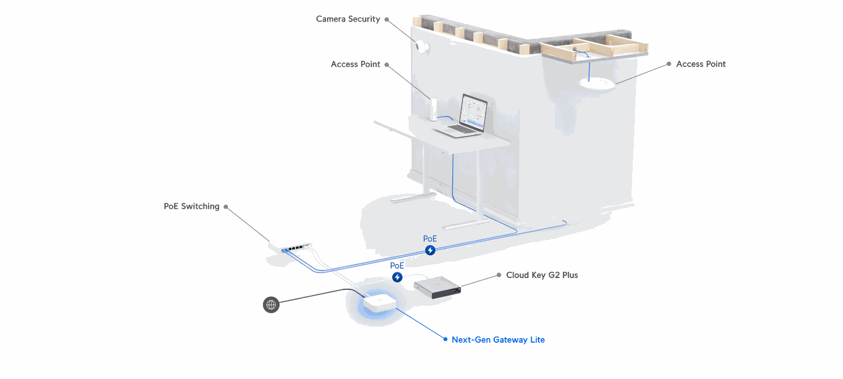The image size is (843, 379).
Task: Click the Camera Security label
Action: tap(348, 19)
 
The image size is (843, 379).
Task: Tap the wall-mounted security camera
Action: tap(422, 47)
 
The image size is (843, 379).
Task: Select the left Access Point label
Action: tap(355, 64)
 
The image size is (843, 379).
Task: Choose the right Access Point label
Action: tap(701, 64)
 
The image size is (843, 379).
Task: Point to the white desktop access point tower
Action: tap(434, 109)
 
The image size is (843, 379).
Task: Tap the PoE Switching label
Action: tap(192, 207)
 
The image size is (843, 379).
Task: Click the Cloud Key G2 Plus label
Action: tap(542, 275)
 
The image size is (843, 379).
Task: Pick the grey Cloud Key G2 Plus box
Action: tap(437, 285)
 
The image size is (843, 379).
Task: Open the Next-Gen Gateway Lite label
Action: tap(498, 340)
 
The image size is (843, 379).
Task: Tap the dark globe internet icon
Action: tap(272, 305)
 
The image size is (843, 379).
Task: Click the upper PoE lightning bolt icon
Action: tap(430, 250)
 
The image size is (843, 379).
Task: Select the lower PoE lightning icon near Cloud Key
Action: tap(397, 277)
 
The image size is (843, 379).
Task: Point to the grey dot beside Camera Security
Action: tap(387, 19)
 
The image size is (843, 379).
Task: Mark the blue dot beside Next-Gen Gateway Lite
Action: tap(445, 340)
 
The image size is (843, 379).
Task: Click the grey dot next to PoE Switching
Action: tap(226, 207)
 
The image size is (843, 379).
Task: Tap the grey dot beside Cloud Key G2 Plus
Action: tap(499, 275)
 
